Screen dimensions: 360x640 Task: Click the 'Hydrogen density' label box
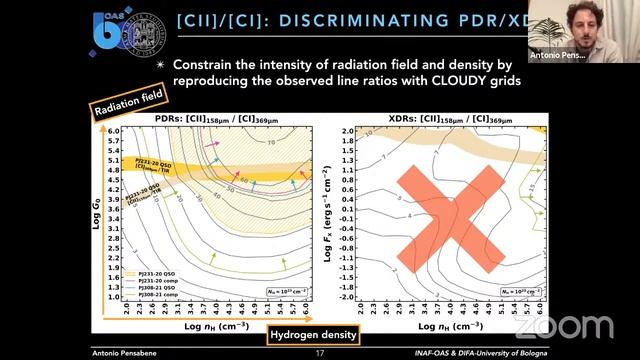(x=314, y=335)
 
